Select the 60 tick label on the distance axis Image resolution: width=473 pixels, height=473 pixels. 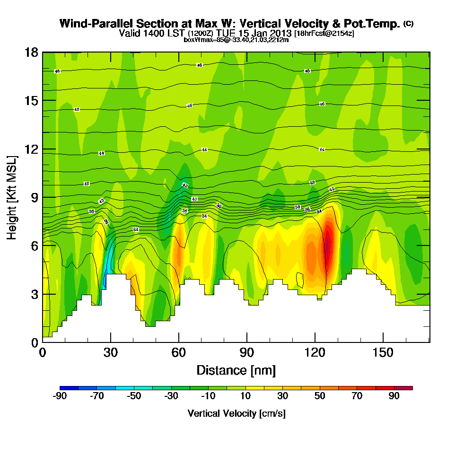click(179, 353)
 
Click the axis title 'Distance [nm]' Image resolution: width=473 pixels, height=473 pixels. click(236, 370)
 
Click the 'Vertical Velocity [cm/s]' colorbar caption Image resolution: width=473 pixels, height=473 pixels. click(236, 413)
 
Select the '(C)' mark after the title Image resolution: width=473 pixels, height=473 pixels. click(408, 24)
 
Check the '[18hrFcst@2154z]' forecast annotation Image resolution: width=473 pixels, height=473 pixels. click(324, 33)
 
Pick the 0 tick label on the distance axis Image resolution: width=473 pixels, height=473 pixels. click(43, 353)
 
